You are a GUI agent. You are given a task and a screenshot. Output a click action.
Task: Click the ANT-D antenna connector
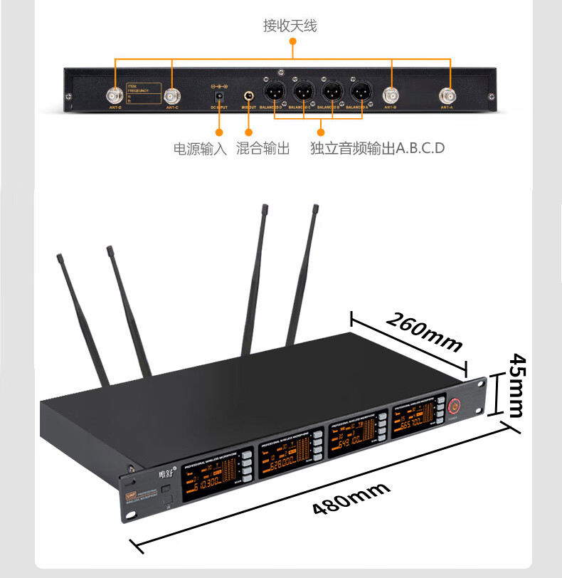click(114, 95)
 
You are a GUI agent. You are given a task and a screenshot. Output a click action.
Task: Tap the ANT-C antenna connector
click(171, 95)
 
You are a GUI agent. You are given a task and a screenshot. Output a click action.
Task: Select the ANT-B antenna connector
click(391, 95)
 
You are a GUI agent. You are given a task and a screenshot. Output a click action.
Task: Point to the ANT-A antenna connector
click(448, 95)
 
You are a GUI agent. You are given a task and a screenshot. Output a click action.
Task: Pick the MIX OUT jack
click(249, 95)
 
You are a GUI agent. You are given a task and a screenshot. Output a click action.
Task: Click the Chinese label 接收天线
click(290, 26)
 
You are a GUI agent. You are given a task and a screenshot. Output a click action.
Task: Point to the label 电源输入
click(200, 149)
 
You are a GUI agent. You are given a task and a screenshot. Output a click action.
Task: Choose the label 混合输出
click(263, 149)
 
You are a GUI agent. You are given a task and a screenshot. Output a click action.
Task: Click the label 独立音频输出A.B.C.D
click(377, 149)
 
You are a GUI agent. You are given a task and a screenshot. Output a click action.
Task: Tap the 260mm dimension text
click(424, 330)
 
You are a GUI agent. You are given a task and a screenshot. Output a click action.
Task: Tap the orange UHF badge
click(131, 492)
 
